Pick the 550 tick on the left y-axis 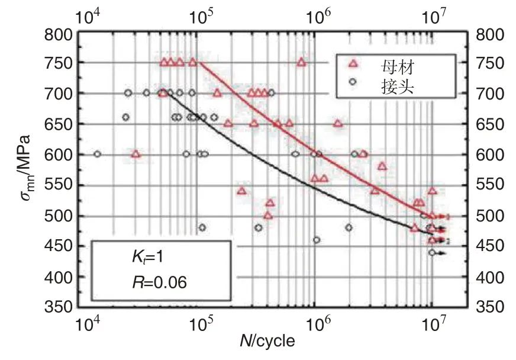click(x=61, y=185)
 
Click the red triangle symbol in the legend click(x=353, y=63)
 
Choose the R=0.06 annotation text click(x=159, y=282)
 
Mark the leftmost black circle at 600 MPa click(x=98, y=154)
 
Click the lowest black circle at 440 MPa click(x=432, y=252)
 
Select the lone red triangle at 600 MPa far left click(x=136, y=154)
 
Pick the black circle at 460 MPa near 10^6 click(x=317, y=240)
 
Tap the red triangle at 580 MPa click(x=382, y=166)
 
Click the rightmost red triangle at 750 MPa click(x=301, y=62)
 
